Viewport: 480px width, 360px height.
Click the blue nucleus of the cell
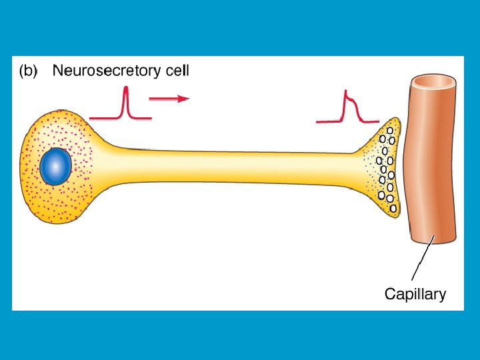tap(55, 167)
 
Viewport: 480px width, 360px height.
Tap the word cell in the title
tap(173, 69)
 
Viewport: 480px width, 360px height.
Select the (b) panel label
tap(28, 70)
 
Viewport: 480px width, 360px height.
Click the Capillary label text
tap(415, 293)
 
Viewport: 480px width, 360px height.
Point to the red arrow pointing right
tap(169, 99)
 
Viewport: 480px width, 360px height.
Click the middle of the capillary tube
tap(431, 160)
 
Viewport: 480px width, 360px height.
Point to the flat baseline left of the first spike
tap(100, 118)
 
